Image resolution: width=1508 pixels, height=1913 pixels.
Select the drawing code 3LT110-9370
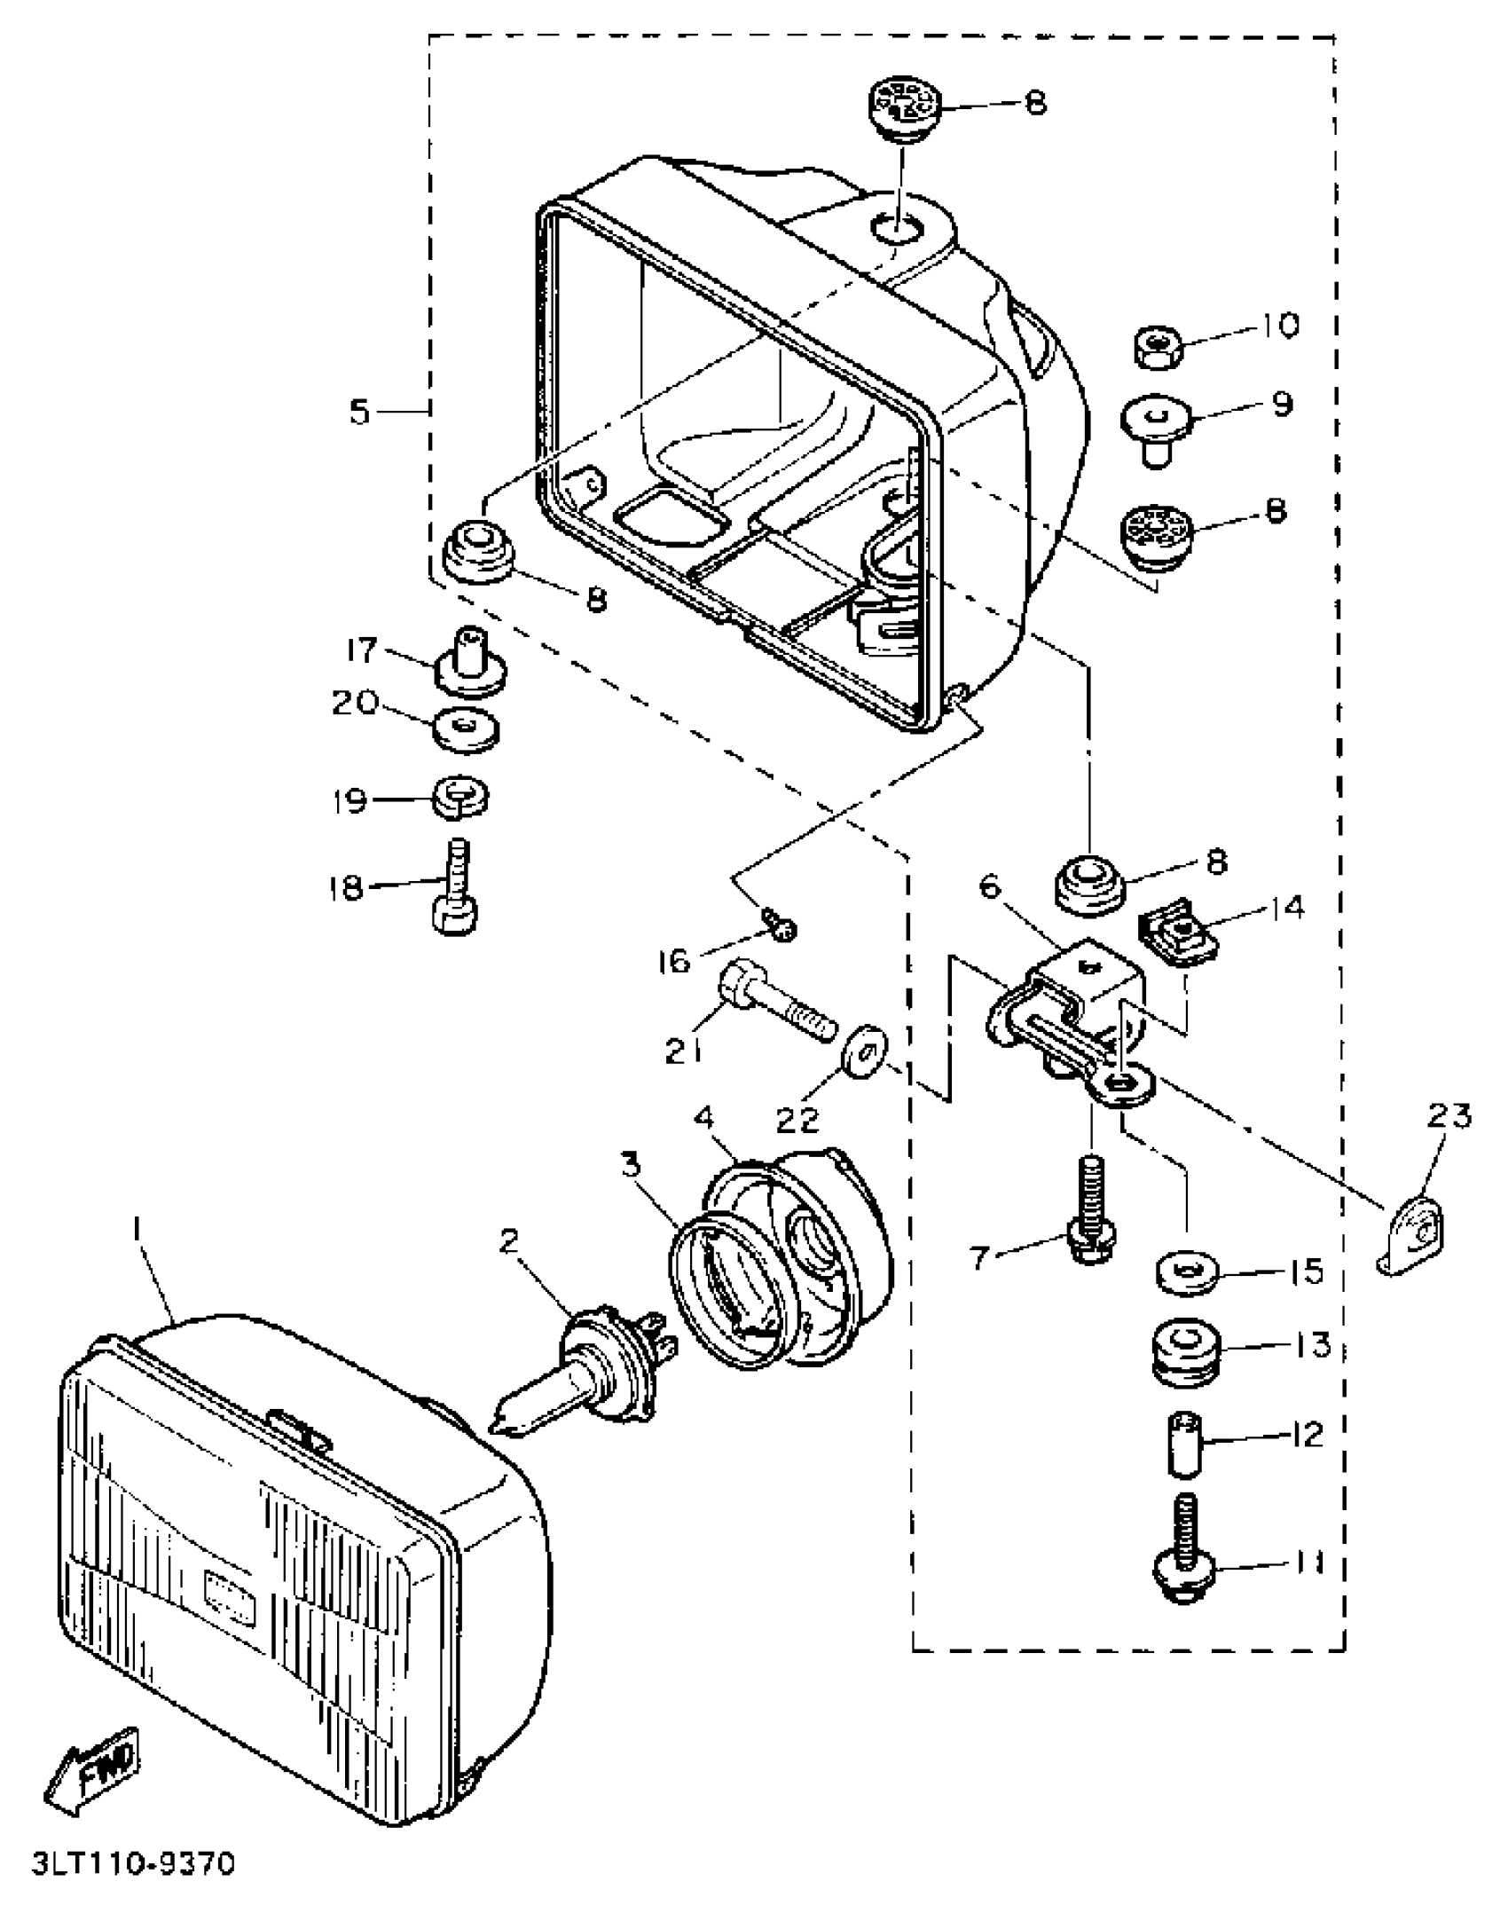click(133, 1862)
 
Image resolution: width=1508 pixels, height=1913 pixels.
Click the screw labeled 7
click(1091, 1205)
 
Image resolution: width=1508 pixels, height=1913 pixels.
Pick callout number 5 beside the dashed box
click(358, 412)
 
